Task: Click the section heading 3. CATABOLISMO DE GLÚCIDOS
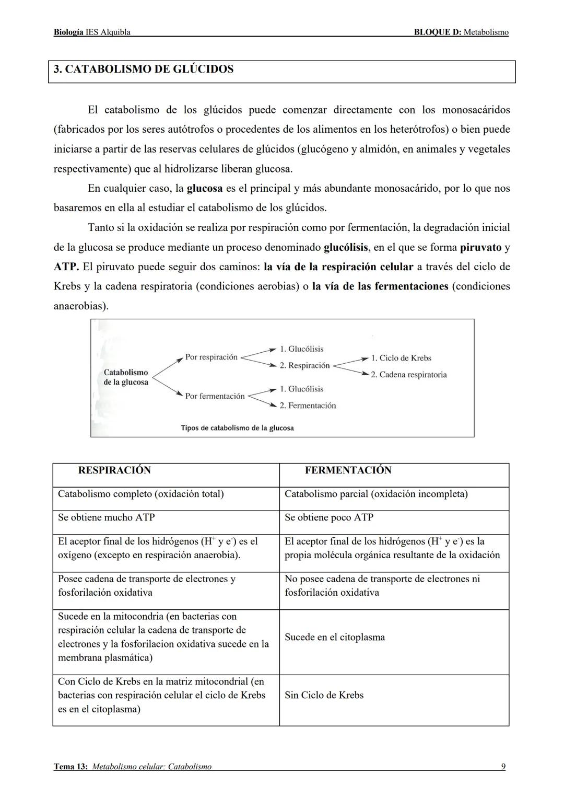144,70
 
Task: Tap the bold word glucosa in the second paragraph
205,188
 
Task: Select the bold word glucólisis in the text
346,247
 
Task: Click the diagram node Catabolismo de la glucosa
126,377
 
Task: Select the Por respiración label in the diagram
211,357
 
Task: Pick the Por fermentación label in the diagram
215,396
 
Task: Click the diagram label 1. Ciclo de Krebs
401,358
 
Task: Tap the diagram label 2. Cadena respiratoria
409,375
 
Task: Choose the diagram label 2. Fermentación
308,406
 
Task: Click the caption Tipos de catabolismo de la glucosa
237,428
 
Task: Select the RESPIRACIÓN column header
114,470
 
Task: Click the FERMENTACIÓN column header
348,470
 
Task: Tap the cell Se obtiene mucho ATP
106,517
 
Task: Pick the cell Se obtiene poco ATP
329,517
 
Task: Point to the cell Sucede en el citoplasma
335,638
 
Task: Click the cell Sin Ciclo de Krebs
324,696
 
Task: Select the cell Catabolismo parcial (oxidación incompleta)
376,494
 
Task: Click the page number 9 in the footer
503,767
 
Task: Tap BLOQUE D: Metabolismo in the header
461,32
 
